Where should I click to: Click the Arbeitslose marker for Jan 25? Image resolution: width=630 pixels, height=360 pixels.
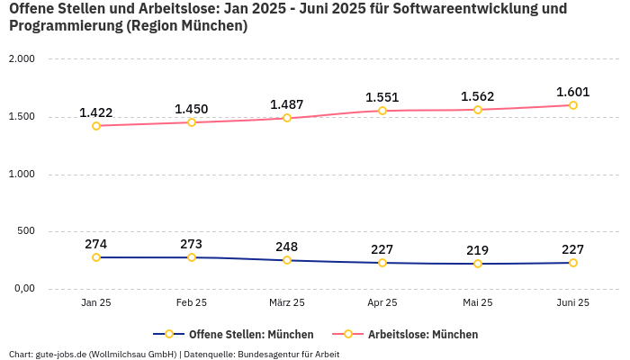tap(96, 126)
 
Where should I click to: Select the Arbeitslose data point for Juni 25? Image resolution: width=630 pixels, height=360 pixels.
tap(573, 105)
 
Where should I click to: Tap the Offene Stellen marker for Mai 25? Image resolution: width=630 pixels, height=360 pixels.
tap(478, 264)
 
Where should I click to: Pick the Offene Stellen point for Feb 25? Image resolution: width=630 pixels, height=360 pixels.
tap(192, 257)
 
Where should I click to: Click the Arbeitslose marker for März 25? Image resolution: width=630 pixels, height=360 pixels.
tap(287, 118)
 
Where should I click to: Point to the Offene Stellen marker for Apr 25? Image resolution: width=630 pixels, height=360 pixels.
tap(382, 263)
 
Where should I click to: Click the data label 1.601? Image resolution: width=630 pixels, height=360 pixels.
tap(573, 92)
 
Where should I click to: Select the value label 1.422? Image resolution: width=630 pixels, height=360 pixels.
tap(96, 112)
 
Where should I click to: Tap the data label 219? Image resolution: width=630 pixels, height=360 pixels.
tap(478, 250)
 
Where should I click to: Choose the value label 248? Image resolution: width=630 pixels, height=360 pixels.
tap(287, 247)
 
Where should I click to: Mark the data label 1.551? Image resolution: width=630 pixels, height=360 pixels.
tap(382, 97)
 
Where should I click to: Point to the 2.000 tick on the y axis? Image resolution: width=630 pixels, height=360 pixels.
tap(22, 59)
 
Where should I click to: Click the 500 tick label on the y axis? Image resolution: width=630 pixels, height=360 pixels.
tap(25, 231)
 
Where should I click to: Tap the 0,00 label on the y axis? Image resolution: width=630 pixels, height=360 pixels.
tap(22, 289)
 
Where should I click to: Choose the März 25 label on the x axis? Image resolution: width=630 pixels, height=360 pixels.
tap(287, 303)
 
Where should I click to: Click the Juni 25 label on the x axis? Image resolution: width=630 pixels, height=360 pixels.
tap(573, 303)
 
